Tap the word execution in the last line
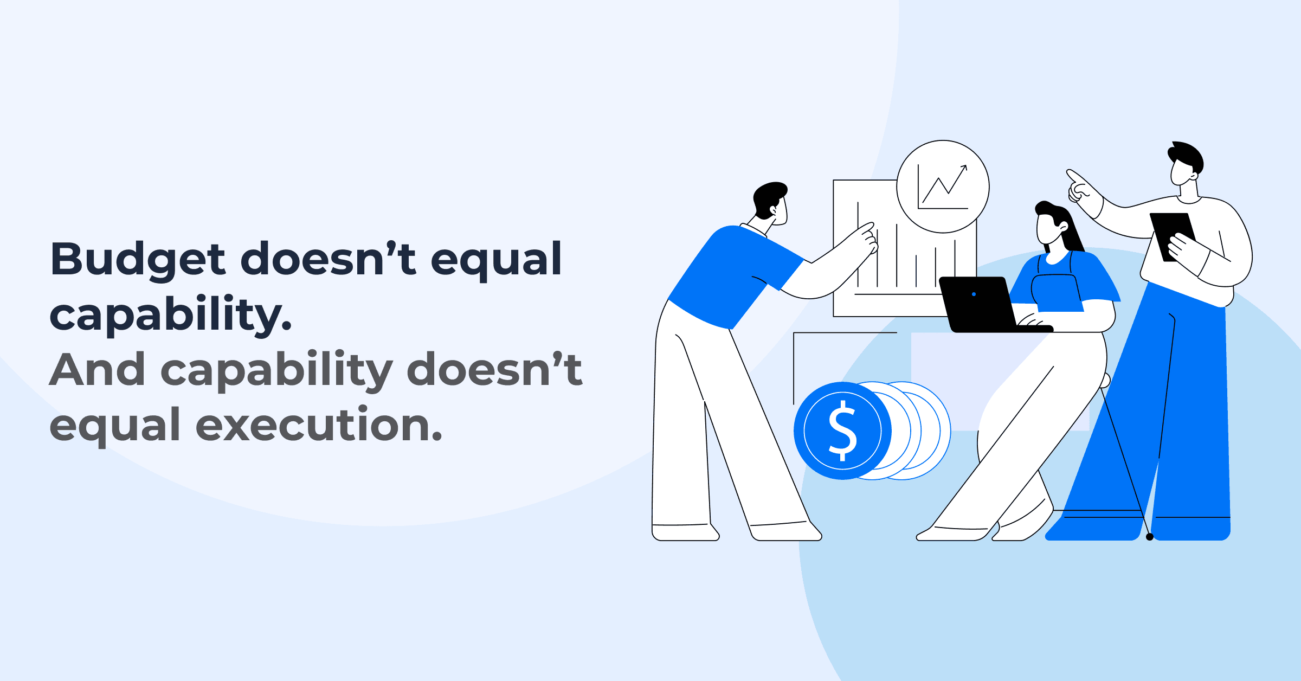[319, 425]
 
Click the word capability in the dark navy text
[171, 316]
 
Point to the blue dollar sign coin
[842, 431]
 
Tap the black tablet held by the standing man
[1173, 237]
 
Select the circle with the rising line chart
[943, 187]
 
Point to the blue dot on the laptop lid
[974, 294]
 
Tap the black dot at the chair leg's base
[1150, 537]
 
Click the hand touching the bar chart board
[865, 238]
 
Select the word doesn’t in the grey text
[494, 369]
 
